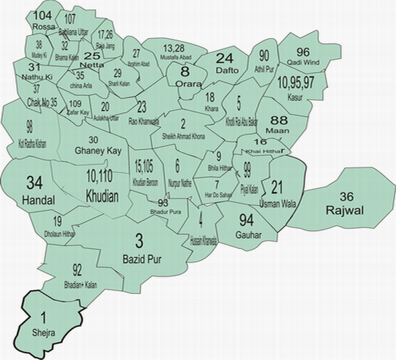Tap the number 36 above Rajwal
tap(346, 197)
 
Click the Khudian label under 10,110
tap(102, 195)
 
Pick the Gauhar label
tap(248, 234)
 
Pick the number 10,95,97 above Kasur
tap(294, 83)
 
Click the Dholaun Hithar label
tap(60, 234)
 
